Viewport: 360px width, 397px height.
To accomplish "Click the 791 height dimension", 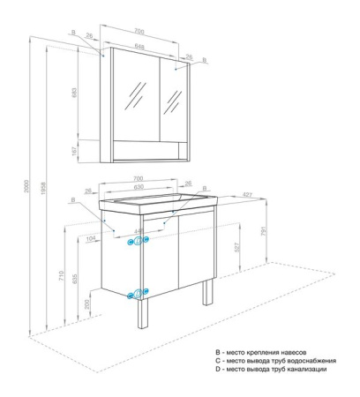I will pos(269,232).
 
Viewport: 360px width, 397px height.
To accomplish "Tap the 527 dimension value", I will pos(236,250).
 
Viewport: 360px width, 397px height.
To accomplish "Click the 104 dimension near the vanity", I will pos(93,239).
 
